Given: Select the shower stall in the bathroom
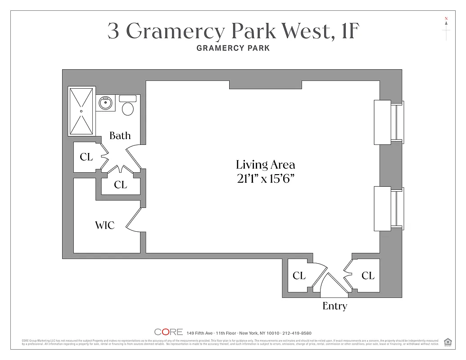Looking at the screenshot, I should pyautogui.click(x=81, y=111).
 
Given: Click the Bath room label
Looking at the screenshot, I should pyautogui.click(x=120, y=135).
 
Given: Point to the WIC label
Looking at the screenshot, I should pyautogui.click(x=104, y=225).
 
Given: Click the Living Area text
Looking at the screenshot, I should pyautogui.click(x=266, y=165).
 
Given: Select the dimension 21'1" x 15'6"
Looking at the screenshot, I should pyautogui.click(x=266, y=179).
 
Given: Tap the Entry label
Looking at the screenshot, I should pyautogui.click(x=335, y=306).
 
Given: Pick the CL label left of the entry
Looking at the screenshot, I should pyautogui.click(x=299, y=275).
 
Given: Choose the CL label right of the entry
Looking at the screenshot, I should pyautogui.click(x=368, y=275).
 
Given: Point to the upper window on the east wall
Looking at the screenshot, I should pyautogui.click(x=389, y=122).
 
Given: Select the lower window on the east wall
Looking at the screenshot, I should pyautogui.click(x=389, y=208).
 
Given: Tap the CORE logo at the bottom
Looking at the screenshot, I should pyautogui.click(x=168, y=332).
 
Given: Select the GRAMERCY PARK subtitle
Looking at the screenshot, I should pyautogui.click(x=233, y=48).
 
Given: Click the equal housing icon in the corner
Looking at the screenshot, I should pyautogui.click(x=448, y=342).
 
